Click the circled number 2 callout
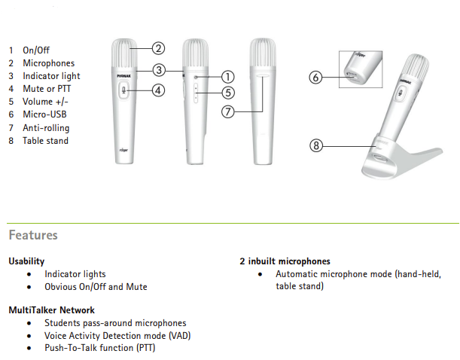(158, 49)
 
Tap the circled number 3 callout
(158, 70)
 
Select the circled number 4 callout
(158, 90)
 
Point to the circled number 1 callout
(227, 77)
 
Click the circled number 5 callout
(227, 93)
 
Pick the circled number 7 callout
(227, 111)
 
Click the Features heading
(33, 235)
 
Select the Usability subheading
(26, 261)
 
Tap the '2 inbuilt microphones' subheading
(285, 261)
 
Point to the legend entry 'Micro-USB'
(45, 114)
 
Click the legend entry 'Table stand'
(45, 141)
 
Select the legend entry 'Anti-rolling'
(46, 128)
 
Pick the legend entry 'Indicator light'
(51, 76)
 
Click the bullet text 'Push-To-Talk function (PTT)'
(99, 347)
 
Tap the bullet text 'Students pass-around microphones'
(114, 323)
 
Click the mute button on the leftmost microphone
(124, 91)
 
